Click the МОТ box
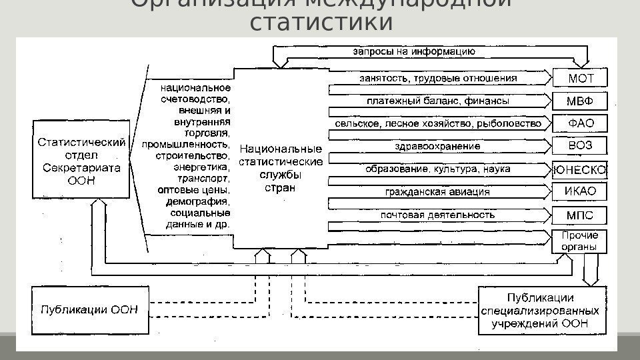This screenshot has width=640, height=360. (579, 78)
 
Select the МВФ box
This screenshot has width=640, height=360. (579, 101)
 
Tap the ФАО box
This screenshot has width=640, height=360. (579, 123)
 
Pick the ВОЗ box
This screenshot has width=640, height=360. (579, 146)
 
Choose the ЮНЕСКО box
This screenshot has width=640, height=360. (579, 169)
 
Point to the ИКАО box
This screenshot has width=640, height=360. (579, 192)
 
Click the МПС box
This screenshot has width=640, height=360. (579, 215)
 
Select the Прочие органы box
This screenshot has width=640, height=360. (579, 241)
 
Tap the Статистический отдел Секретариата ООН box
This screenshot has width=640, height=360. (81, 160)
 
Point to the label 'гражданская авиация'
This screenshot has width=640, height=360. (437, 192)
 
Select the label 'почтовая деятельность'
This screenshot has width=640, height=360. (437, 215)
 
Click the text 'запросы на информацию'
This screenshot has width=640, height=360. (413, 50)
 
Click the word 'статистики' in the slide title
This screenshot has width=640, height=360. (321, 21)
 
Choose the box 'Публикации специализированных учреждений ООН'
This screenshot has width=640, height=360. (541, 310)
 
